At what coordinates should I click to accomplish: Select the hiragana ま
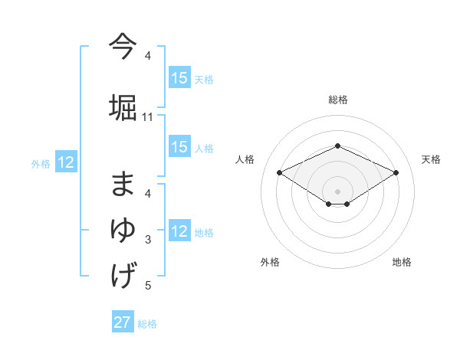click(x=123, y=185)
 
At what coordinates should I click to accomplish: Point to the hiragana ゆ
click(x=123, y=230)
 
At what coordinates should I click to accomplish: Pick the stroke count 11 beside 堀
click(x=148, y=117)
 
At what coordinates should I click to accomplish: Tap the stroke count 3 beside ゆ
click(x=148, y=240)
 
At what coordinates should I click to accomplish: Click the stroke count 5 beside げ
click(x=148, y=286)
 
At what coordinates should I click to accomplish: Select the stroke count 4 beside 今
click(x=148, y=56)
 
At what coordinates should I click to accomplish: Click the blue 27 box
click(x=123, y=322)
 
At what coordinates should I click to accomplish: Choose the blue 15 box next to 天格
click(x=179, y=78)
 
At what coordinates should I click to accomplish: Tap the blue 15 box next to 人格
click(x=179, y=147)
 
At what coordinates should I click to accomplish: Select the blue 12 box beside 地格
click(x=179, y=231)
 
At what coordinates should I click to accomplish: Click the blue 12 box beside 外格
click(x=65, y=162)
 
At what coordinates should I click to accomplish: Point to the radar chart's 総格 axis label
click(x=338, y=100)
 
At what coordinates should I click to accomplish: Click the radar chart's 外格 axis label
click(x=270, y=262)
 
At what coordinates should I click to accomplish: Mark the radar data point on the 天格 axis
click(x=396, y=172)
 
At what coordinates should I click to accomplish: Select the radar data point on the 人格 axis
click(x=279, y=172)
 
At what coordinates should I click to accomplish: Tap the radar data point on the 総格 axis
click(x=337, y=146)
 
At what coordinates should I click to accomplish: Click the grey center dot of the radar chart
click(x=337, y=191)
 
